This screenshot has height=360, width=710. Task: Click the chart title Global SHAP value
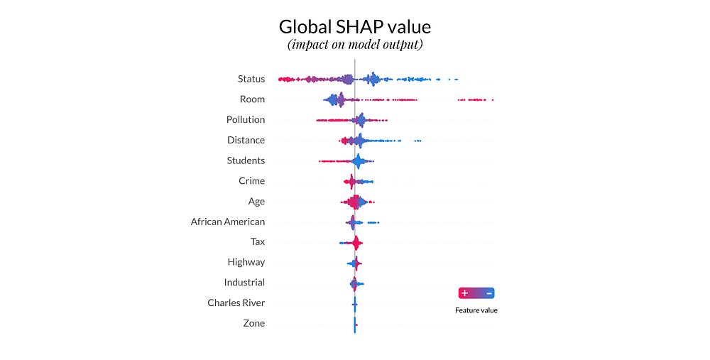pyautogui.click(x=354, y=27)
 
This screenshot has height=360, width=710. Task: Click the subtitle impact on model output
pyautogui.click(x=354, y=45)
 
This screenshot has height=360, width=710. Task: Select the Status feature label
pyautogui.click(x=251, y=79)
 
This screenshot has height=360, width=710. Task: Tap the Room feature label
pyautogui.click(x=252, y=99)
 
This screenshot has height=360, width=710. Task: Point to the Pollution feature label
pyautogui.click(x=246, y=120)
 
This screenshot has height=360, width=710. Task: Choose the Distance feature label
pyautogui.click(x=246, y=140)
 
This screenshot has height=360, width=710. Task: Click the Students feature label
pyautogui.click(x=246, y=160)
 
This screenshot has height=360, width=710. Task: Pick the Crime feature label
pyautogui.click(x=251, y=181)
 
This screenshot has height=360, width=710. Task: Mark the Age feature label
pyautogui.click(x=256, y=202)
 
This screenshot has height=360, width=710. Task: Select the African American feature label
pyautogui.click(x=227, y=222)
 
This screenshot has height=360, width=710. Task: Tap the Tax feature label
pyautogui.click(x=258, y=242)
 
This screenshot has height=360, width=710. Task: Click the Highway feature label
pyautogui.click(x=246, y=262)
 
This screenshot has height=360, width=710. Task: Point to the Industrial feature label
pyautogui.click(x=244, y=283)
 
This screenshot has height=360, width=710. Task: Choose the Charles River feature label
pyautogui.click(x=236, y=303)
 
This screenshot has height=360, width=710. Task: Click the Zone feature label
pyautogui.click(x=253, y=323)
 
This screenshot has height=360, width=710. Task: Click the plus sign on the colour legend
pyautogui.click(x=464, y=293)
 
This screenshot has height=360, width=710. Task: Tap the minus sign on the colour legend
pyautogui.click(x=489, y=293)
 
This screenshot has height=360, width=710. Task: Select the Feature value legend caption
pyautogui.click(x=476, y=310)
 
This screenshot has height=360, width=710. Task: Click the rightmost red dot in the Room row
pyautogui.click(x=492, y=100)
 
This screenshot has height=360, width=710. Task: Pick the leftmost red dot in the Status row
pyautogui.click(x=279, y=78)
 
